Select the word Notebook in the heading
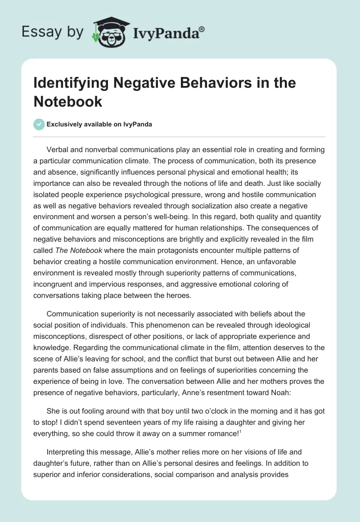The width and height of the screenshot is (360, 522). click(67, 102)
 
